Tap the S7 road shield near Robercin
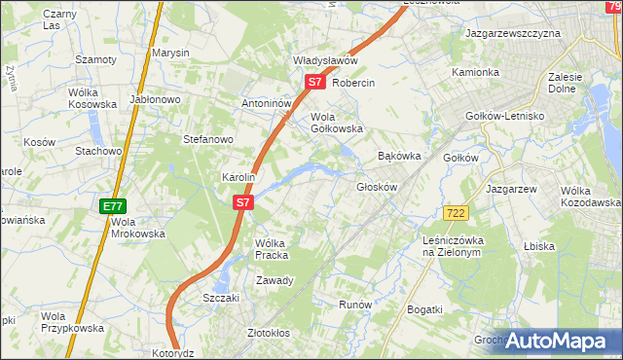point(314,83)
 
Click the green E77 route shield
point(112,206)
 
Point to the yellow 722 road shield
point(454,212)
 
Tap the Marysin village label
point(169,53)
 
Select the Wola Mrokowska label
point(133,228)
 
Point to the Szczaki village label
point(221,298)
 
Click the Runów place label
point(355,305)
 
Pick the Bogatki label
point(425,309)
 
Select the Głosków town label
point(378,187)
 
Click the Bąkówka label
point(398,156)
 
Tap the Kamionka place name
point(475,73)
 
